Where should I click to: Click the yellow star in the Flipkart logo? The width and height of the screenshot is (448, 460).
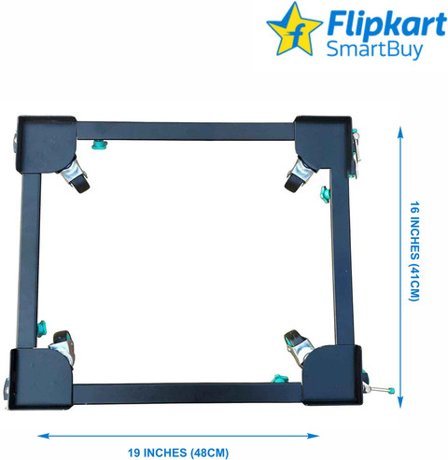[294, 31]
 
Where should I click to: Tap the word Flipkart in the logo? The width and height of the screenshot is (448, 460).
[386, 24]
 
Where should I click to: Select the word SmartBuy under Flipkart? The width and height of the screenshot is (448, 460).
[374, 49]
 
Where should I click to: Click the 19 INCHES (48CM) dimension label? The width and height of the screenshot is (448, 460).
[178, 453]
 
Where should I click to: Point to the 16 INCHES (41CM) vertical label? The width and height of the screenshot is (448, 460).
[414, 251]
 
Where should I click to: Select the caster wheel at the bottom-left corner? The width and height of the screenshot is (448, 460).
[63, 346]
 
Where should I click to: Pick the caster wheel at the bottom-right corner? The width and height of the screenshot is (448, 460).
[298, 347]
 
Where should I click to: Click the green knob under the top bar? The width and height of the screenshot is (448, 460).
[99, 145]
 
